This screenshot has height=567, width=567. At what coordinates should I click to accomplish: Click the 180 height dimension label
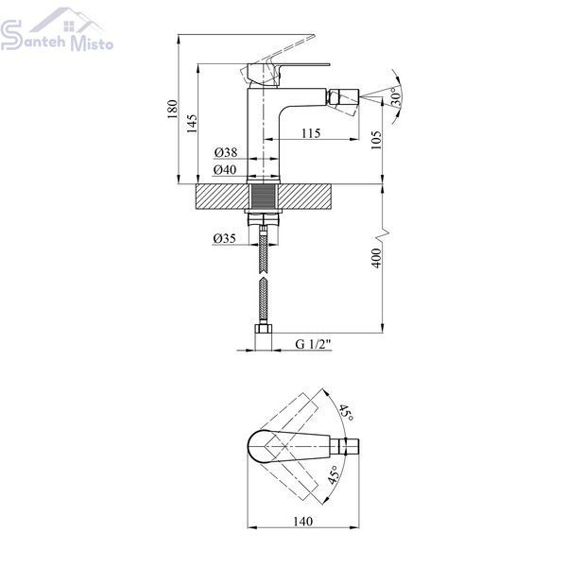tap(173, 109)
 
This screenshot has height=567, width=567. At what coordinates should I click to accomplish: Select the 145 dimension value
tap(192, 124)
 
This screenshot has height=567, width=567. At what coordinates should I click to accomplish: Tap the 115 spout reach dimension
tap(311, 133)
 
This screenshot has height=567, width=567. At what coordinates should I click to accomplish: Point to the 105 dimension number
tap(376, 140)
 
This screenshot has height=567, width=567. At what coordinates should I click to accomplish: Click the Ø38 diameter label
tap(226, 152)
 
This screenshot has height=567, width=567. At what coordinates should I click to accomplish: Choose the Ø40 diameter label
tap(225, 169)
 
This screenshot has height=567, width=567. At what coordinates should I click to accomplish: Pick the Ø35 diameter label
tap(224, 238)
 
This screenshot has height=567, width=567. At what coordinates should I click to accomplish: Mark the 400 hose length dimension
tap(376, 258)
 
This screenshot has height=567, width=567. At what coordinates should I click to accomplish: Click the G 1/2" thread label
tap(313, 344)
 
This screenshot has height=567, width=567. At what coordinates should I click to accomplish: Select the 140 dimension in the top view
tap(303, 521)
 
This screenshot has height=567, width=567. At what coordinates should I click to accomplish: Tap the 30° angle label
tap(396, 96)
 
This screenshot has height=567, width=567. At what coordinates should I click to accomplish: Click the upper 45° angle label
tap(346, 413)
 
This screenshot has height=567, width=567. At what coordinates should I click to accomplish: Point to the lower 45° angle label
tap(333, 474)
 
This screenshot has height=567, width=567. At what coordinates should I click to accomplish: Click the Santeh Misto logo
tap(57, 29)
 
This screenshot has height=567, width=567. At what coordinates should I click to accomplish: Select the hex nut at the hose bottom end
tap(264, 329)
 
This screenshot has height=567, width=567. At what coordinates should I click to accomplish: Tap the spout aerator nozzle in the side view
tap(343, 97)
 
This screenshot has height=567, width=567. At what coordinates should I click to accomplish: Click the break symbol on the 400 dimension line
tap(383, 234)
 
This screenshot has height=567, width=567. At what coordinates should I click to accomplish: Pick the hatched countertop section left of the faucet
tap(221, 197)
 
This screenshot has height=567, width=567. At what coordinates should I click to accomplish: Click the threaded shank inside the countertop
tap(264, 197)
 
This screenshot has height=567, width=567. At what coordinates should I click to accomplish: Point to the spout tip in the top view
tap(350, 447)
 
